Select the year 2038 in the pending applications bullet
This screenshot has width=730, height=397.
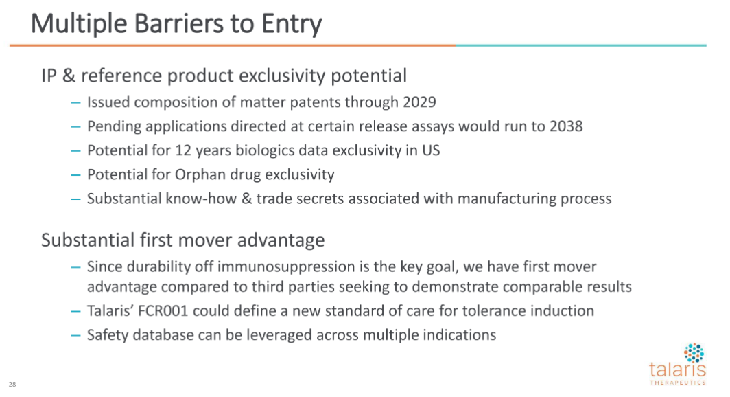[x=566, y=126]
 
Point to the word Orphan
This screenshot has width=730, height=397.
[x=195, y=174]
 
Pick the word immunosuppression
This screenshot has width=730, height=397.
[x=286, y=267]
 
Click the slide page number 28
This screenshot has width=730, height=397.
[x=12, y=385]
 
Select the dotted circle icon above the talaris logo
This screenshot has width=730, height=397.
[x=694, y=353]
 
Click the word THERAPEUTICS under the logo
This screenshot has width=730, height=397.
[x=678, y=383]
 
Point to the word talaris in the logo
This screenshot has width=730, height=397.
[x=677, y=370]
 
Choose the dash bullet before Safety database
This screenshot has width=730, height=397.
[x=76, y=335]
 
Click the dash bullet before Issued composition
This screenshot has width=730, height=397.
[x=76, y=102]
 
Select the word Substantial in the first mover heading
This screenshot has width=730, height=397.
[x=88, y=240]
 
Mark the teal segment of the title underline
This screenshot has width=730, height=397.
[x=581, y=45]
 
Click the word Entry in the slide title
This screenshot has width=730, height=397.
[x=292, y=24]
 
